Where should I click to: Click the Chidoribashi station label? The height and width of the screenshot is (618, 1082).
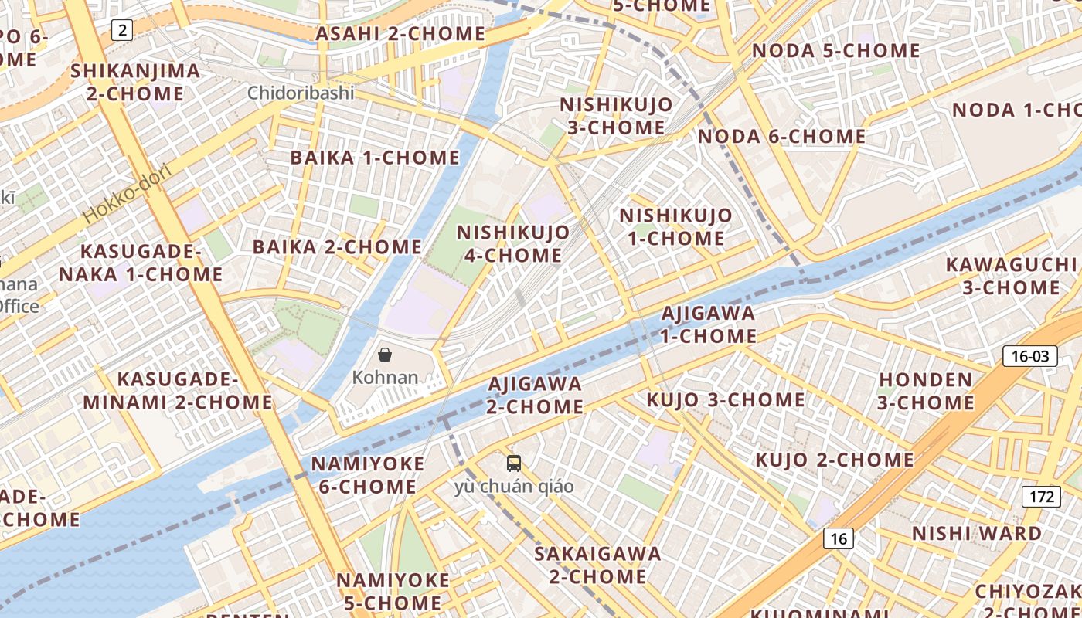pos(301,93)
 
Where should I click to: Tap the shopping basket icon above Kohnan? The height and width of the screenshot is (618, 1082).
pos(385,355)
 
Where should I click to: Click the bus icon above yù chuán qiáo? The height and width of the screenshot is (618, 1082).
pos(514,463)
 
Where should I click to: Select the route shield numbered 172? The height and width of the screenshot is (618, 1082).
pos(1040,497)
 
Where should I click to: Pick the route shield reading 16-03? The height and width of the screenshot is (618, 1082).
pos(1029,356)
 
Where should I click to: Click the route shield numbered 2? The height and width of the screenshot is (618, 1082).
pos(122,31)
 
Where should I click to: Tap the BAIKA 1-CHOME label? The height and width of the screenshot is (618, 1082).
pos(375,158)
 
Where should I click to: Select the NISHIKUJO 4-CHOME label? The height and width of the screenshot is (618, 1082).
pos(513,243)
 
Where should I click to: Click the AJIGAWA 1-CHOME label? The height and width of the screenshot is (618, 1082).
pos(708,324)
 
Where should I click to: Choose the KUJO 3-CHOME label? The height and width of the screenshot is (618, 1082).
pos(726,400)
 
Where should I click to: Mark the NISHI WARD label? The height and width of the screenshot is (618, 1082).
pos(977,534)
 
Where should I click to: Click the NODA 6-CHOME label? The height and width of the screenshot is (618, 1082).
pos(781,137)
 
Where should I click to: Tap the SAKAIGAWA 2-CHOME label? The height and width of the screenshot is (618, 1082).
pos(597,565)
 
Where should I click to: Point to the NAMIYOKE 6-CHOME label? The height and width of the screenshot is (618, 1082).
pos(367,475)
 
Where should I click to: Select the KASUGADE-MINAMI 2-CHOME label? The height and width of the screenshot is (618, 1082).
pos(178,391)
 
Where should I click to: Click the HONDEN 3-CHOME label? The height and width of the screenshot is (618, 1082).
pos(926,391)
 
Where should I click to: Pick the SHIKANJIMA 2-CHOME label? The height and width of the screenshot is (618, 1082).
pos(135,83)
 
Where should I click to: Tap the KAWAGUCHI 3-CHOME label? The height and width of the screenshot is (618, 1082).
pos(1011,276)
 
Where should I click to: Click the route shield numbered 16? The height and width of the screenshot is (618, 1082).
pos(839,538)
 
